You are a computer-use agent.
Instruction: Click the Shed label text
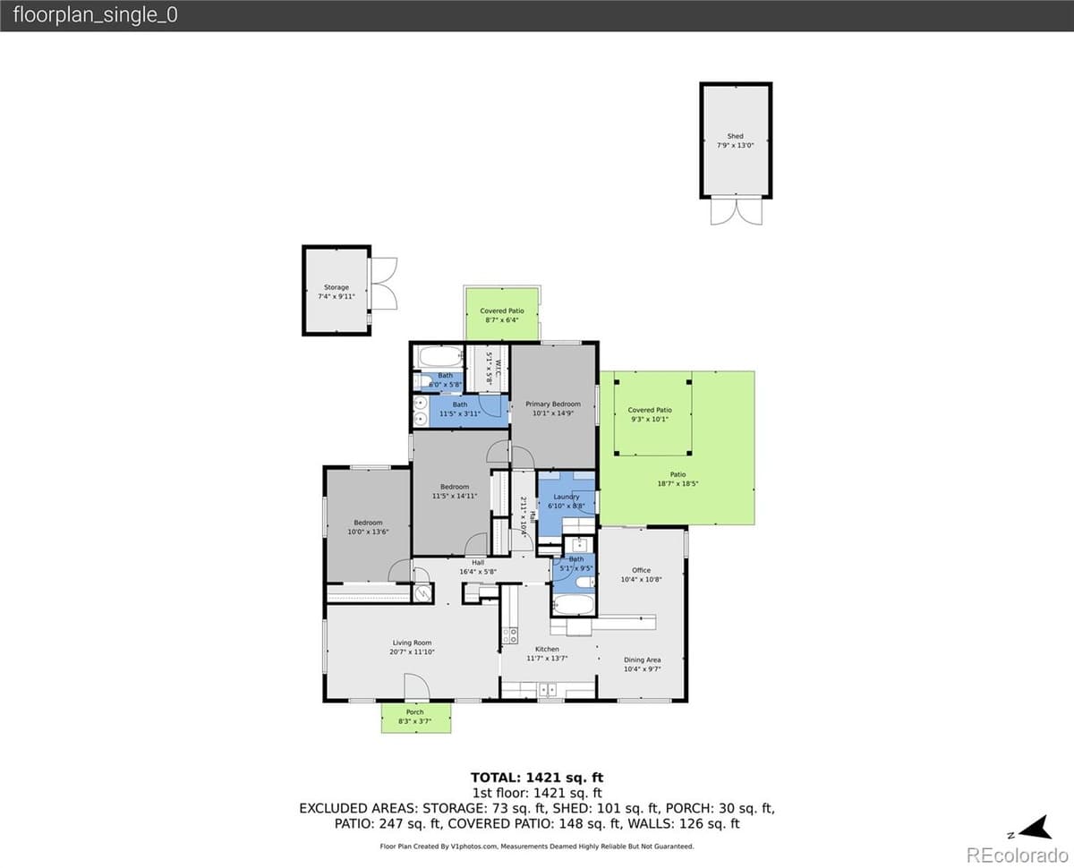(x=735, y=136)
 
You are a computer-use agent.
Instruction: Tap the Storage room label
(x=337, y=287)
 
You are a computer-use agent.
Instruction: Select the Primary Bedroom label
(x=553, y=404)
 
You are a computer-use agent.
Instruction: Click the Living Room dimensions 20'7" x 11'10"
(x=412, y=651)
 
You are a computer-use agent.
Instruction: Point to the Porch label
(x=415, y=712)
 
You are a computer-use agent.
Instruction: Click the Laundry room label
(x=567, y=497)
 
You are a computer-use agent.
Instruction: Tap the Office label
(x=641, y=570)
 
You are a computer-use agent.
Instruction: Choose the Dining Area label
(x=642, y=660)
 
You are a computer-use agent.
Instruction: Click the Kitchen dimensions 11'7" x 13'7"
(x=547, y=658)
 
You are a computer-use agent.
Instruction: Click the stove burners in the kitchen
(x=509, y=635)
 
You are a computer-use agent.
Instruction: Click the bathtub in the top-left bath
(x=439, y=356)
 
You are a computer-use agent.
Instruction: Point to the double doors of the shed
(x=735, y=211)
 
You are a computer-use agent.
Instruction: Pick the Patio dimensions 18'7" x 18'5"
(x=678, y=483)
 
